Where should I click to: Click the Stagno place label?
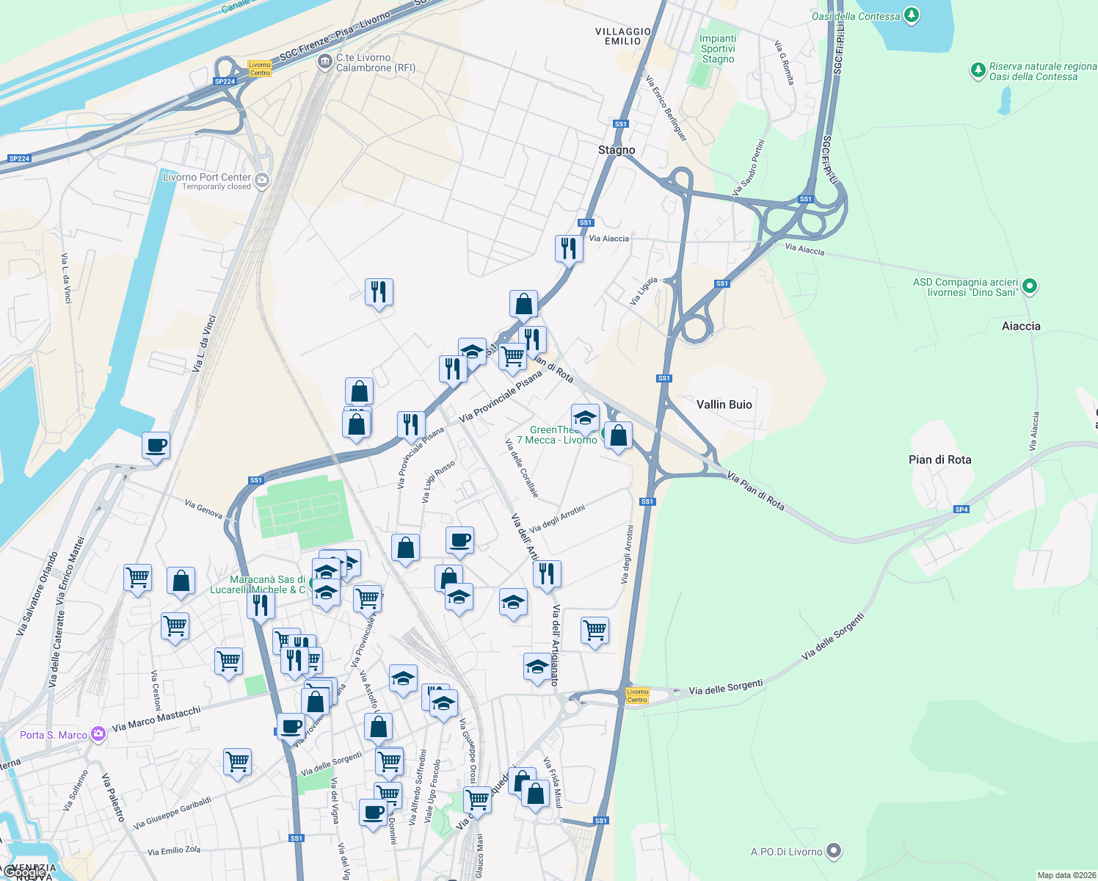pos(617,150)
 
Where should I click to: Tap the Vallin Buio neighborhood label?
pos(724,405)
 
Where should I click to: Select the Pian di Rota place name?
pos(939,460)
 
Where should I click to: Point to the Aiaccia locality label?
pos(1021,326)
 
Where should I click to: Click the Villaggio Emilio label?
pos(623,36)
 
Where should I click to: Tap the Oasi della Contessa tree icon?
pos(911,15)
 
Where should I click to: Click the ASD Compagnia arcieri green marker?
pos(1030,286)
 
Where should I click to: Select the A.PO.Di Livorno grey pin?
pos(834,851)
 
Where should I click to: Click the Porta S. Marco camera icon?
pos(98,734)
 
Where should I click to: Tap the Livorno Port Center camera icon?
pos(262,180)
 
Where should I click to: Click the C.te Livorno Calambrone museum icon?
pos(324,62)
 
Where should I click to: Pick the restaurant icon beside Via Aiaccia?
pos(569,249)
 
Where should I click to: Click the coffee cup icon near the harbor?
pos(156,444)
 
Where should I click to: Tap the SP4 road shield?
pos(961,509)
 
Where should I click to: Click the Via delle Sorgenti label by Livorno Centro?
pos(725,688)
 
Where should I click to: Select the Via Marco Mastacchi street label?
pos(156,719)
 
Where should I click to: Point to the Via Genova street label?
pos(203,509)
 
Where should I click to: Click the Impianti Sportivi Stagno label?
pos(718,48)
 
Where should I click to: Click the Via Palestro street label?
pos(113,797)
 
